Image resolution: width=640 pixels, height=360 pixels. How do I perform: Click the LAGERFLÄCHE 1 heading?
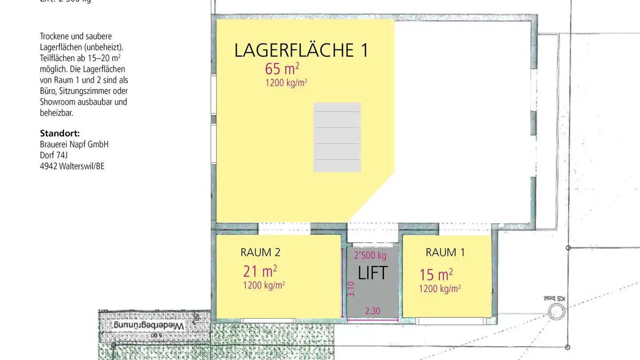coord(301,50)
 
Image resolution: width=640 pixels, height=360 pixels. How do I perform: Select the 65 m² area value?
coord(282,69)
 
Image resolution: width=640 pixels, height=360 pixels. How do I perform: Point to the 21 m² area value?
coord(260,271)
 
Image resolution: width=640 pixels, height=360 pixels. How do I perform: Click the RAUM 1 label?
coord(445,252)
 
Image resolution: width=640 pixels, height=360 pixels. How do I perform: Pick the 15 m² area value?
coord(436,275)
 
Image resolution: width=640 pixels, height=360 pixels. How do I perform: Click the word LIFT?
coord(372,273)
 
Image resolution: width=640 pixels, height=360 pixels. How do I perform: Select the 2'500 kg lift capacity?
coord(370,256)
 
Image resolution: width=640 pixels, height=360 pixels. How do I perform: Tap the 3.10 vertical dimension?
coord(351,289)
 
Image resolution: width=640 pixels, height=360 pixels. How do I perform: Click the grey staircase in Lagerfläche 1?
coord(337,137)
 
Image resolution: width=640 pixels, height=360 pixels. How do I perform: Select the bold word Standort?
coord(60,133)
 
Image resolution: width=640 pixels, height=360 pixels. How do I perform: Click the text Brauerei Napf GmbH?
coord(74,144)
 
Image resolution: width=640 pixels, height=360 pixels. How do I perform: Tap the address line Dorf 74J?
coord(54,156)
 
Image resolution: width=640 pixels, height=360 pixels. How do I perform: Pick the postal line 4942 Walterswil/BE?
coord(72,167)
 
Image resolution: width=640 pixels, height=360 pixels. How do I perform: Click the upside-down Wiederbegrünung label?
coord(148,325)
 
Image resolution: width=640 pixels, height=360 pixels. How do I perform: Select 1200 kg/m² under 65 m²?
coord(286,83)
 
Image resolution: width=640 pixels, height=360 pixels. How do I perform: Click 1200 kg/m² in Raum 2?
coord(264,285)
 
